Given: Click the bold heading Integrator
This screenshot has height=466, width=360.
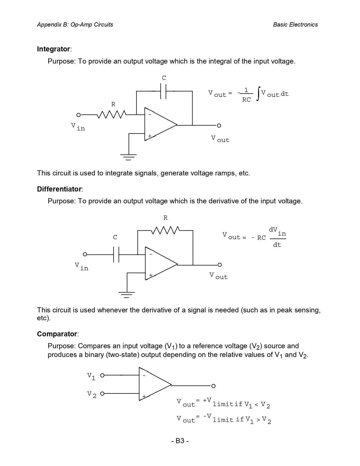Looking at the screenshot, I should pyautogui.click(x=53, y=49).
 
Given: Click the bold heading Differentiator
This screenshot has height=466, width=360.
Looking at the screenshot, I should pyautogui.click(x=59, y=189).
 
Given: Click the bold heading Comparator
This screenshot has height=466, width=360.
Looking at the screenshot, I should pyautogui.click(x=57, y=334).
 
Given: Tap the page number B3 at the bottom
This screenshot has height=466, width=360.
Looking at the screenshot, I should pyautogui.click(x=180, y=441).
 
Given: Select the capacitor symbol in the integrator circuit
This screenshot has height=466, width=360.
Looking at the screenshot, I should pyautogui.click(x=163, y=91).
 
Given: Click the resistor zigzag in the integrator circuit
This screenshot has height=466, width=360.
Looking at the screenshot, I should pyautogui.click(x=112, y=115).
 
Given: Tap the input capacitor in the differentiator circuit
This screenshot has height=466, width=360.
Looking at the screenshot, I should pyautogui.click(x=116, y=255).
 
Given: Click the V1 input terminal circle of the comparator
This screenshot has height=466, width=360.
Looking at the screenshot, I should pyautogui.click(x=102, y=375).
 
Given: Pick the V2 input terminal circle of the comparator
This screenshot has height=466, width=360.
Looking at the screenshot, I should pyautogui.click(x=102, y=393).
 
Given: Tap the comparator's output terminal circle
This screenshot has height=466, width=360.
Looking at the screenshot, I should pyautogui.click(x=213, y=386).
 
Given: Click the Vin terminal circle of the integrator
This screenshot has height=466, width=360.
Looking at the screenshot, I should pyautogui.click(x=78, y=115).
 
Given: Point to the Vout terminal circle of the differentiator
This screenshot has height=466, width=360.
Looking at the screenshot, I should pyautogui.click(x=220, y=265).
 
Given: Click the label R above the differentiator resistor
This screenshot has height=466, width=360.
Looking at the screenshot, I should pyautogui.click(x=165, y=218).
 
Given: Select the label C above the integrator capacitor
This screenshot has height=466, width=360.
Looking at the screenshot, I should pyautogui.click(x=164, y=78).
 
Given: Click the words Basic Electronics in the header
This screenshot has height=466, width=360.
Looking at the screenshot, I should pyautogui.click(x=295, y=25).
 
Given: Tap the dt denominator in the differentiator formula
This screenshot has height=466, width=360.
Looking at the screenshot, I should pyautogui.click(x=277, y=245).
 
